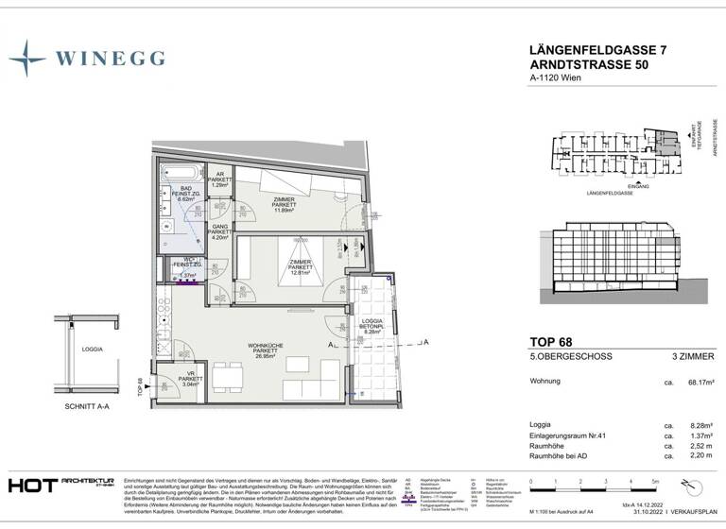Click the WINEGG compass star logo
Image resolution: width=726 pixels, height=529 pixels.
[x=27, y=59]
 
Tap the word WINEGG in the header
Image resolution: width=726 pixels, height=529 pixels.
[x=110, y=59]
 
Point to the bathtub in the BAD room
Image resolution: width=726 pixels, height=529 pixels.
[x=180, y=173]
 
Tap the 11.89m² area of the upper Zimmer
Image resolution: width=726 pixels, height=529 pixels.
[x=284, y=211]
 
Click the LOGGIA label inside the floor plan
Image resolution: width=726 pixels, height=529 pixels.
[x=371, y=324]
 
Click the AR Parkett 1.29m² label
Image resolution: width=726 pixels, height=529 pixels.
[x=219, y=179]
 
